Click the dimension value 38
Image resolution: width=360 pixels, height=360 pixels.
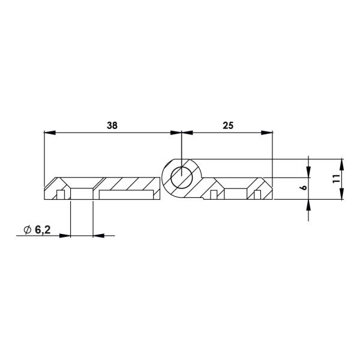click(x=112, y=125)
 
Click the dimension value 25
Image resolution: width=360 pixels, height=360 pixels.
click(x=227, y=125)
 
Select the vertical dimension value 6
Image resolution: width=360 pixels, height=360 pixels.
click(x=304, y=188)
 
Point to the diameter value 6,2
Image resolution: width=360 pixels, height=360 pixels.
click(x=42, y=230)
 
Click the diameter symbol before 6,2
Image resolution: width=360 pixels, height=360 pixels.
click(x=26, y=230)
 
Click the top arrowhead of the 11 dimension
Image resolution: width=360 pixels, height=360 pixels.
click(x=341, y=163)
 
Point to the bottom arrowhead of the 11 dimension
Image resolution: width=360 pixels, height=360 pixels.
click(x=341, y=195)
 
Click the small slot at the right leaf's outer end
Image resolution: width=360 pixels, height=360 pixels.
click(x=257, y=195)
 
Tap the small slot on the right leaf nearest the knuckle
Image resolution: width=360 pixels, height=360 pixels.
click(x=213, y=195)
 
